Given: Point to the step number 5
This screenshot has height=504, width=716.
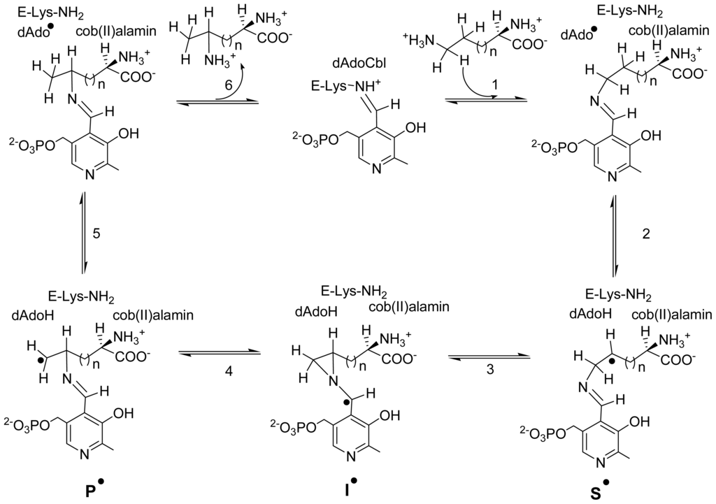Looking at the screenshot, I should (x=97, y=233).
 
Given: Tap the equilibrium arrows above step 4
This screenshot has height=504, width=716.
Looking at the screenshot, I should (x=220, y=353).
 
